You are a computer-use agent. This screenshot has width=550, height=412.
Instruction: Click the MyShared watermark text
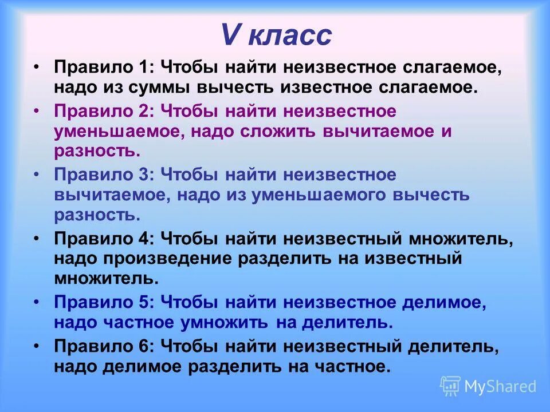[500, 386]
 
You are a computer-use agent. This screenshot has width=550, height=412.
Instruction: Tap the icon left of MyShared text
[450, 386]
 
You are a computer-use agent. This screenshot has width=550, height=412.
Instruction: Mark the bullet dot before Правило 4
[37, 237]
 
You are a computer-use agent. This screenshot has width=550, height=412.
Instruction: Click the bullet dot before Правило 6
[37, 345]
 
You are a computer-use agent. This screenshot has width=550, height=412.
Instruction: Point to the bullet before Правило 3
[37, 173]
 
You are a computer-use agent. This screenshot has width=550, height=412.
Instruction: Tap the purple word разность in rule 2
[97, 151]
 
